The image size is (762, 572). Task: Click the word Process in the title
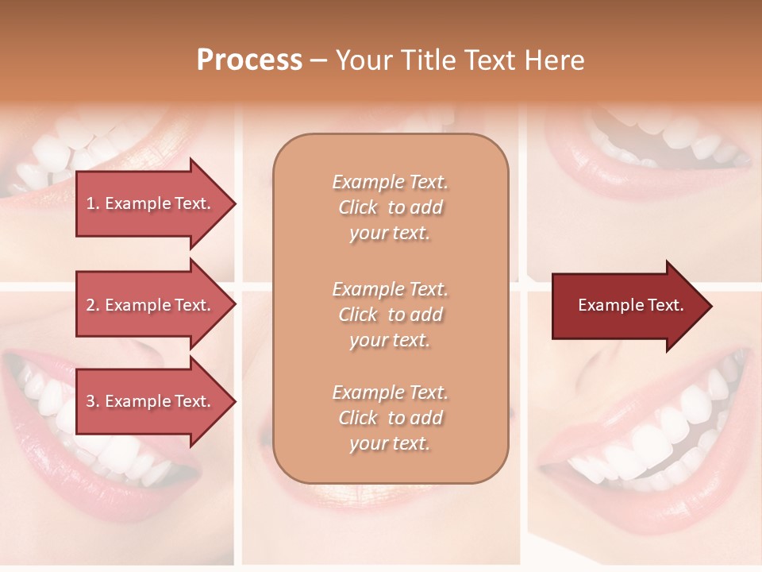[249, 60]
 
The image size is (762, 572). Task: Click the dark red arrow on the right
[627, 306]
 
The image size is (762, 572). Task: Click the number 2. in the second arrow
[92, 305]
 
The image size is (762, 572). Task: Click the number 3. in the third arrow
[92, 401]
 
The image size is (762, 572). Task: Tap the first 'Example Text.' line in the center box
[390, 182]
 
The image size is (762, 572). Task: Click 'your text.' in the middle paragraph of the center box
[390, 340]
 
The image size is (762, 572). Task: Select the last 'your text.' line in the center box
[390, 443]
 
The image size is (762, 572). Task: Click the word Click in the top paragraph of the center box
[357, 207]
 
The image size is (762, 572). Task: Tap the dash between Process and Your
[318, 60]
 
